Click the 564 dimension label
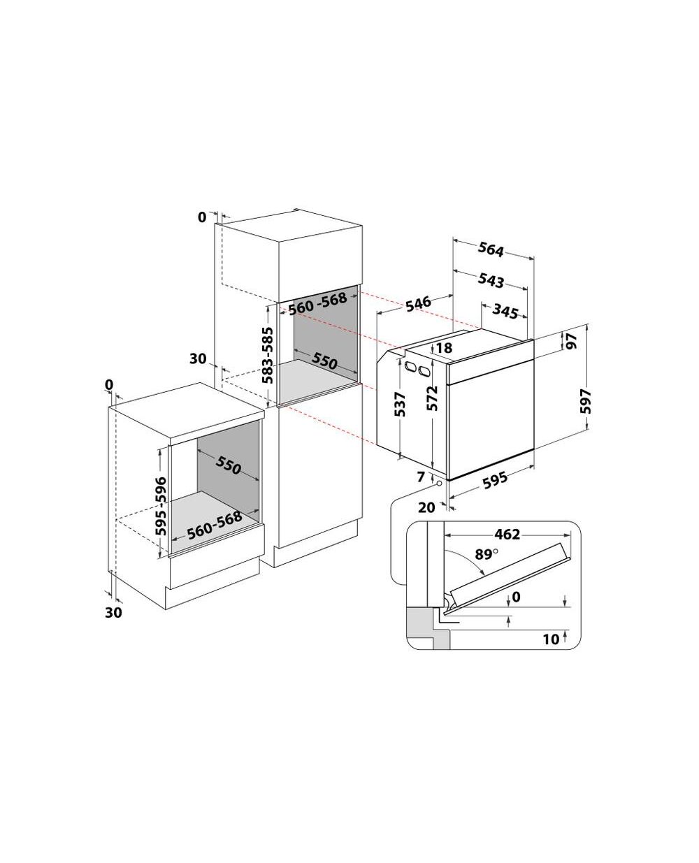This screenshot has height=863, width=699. (x=491, y=249)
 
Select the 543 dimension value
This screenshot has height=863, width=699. (x=491, y=280)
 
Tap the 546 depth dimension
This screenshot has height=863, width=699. (x=418, y=304)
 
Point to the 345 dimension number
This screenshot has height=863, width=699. (x=505, y=312)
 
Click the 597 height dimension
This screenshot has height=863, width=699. (x=586, y=401)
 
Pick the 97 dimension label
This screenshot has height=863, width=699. (x=571, y=342)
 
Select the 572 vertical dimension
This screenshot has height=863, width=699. (x=433, y=398)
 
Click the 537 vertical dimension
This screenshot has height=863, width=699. (x=400, y=404)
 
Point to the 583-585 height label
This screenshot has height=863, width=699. (x=268, y=355)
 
